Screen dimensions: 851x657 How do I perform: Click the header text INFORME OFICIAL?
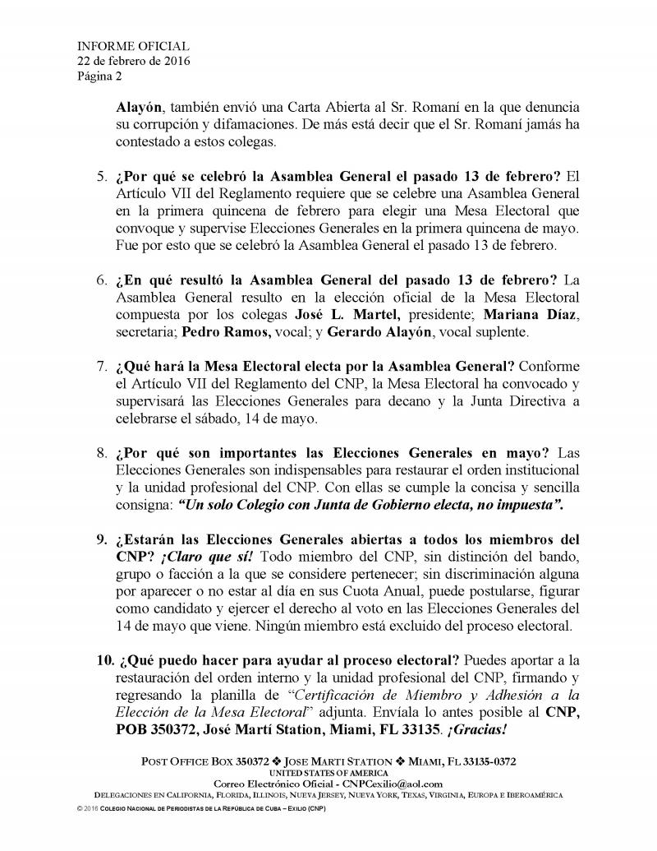coord(122,46)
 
